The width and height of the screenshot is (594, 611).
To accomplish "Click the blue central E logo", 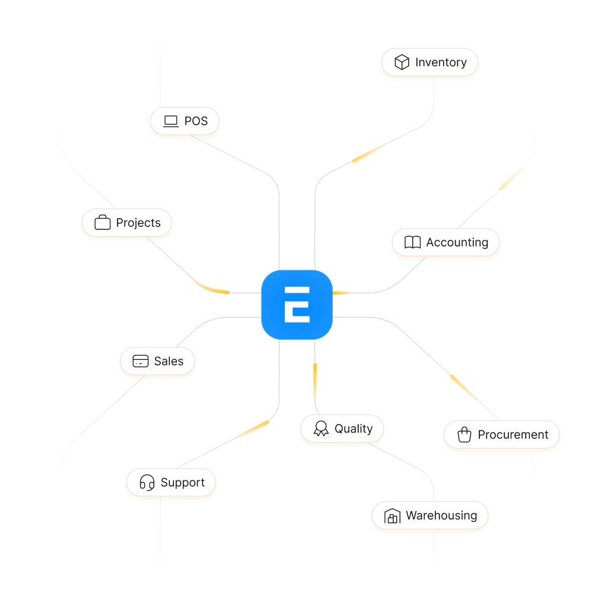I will (x=297, y=305).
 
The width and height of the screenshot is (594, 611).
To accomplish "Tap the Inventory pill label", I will (x=429, y=62).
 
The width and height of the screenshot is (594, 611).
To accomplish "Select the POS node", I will (x=185, y=121).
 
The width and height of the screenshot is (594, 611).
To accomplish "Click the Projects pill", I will (x=127, y=223).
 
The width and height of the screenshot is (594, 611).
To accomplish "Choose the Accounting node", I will (x=446, y=242).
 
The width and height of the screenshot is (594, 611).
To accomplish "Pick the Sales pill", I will (x=157, y=361).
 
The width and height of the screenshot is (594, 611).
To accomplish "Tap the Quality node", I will (x=342, y=429).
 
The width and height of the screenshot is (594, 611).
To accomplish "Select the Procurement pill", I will (x=501, y=434).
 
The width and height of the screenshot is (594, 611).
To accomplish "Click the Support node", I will (x=172, y=483).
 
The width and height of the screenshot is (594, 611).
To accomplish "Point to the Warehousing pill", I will (x=430, y=516).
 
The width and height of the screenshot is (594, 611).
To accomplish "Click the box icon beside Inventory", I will (x=402, y=62).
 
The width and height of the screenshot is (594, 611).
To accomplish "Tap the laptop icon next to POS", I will (x=171, y=121).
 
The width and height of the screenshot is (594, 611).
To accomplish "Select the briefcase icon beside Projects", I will (x=103, y=223).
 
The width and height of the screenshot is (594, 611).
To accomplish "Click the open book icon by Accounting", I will (x=412, y=242).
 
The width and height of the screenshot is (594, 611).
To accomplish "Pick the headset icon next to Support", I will (x=147, y=483).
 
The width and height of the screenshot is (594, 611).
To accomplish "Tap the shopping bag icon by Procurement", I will (x=465, y=434).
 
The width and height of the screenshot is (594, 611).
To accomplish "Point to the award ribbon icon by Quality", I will (x=321, y=429).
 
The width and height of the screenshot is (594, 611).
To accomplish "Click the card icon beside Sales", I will (x=140, y=361).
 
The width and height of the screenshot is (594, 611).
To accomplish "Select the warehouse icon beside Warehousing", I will (x=393, y=516).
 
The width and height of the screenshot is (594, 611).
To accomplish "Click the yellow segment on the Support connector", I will (x=251, y=430).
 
